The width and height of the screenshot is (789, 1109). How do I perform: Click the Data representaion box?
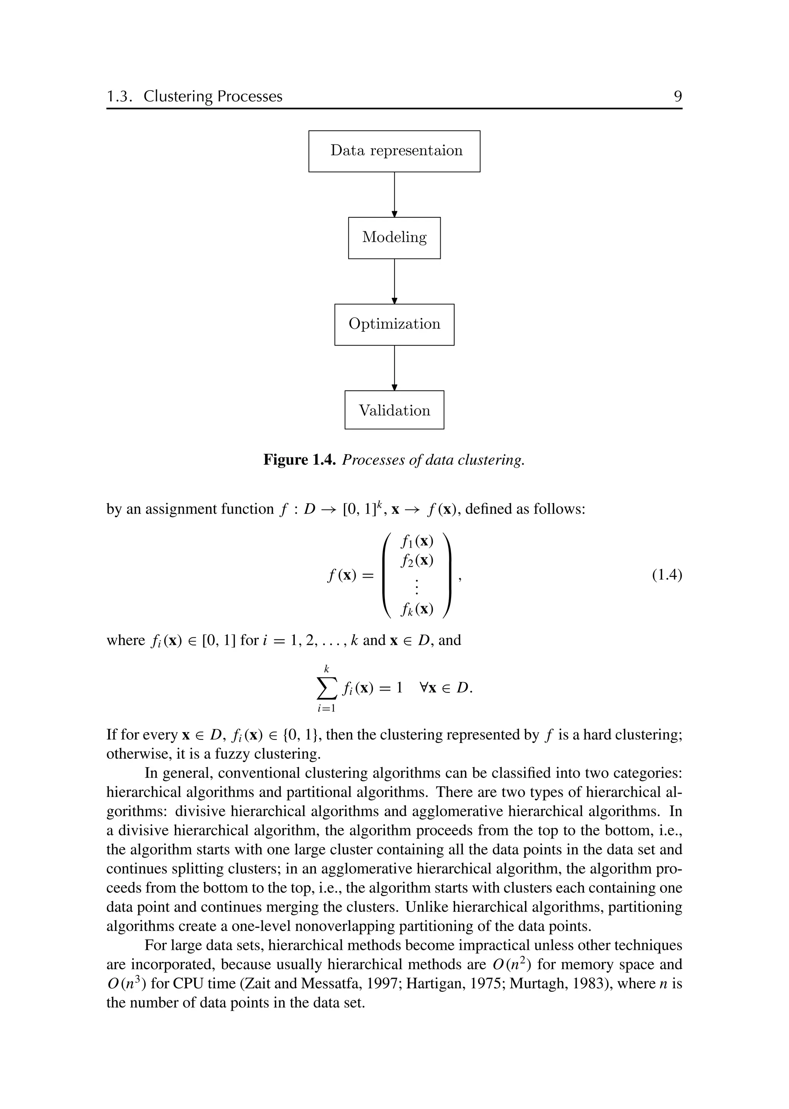coord(394,151)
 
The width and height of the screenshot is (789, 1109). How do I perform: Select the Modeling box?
coord(394,238)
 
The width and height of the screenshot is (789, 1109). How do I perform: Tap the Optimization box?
coord(394,324)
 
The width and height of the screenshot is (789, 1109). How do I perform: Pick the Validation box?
coord(394,410)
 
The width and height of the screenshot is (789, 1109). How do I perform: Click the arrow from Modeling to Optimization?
coord(394,281)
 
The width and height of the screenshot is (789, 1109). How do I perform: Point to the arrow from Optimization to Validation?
coord(394,367)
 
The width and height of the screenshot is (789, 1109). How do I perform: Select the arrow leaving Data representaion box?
coord(394,194)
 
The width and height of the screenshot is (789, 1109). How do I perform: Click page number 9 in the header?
coord(678,96)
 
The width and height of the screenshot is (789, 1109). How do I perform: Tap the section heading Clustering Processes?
coord(213,96)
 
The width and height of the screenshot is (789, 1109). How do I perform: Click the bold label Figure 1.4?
coord(299,460)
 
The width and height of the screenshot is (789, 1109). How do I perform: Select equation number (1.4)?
coord(666,575)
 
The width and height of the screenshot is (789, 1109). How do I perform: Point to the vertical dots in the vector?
coord(417,586)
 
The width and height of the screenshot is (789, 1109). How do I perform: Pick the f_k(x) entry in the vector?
coord(417,610)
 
